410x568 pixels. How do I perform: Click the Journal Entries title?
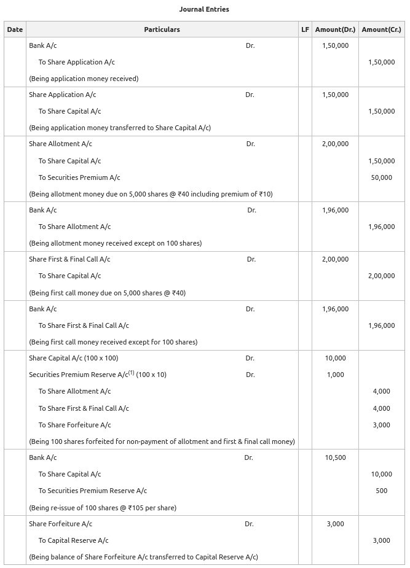tap(204, 9)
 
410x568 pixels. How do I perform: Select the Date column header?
tap(15, 29)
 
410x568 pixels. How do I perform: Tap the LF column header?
tap(305, 29)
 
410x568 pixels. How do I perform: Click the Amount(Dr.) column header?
tap(335, 29)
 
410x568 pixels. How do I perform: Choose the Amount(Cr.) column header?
tap(381, 29)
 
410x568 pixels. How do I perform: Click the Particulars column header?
tap(162, 29)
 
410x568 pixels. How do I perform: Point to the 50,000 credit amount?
tap(381, 177)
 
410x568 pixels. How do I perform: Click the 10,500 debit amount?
tap(335, 457)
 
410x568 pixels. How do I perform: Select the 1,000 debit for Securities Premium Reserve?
tap(335, 375)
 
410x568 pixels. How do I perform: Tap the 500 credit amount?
tap(381, 491)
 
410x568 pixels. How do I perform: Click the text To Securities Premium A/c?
tap(79, 177)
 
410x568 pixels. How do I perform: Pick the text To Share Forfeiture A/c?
tap(74, 425)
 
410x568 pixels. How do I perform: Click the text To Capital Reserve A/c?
tap(73, 540)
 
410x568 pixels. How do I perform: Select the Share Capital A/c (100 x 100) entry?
tap(73, 358)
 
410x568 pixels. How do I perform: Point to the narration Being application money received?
tap(84, 79)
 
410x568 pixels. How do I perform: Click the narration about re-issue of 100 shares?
tap(103, 508)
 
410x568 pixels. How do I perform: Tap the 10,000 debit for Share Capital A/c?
tap(335, 358)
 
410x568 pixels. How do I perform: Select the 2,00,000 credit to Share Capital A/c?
tap(381, 276)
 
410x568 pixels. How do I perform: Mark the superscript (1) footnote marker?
tap(131, 373)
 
